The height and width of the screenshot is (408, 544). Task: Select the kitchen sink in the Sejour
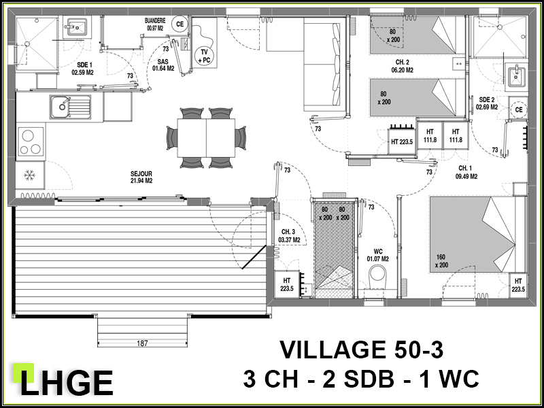pos(70,107)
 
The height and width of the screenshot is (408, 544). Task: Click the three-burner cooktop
pos(31,141)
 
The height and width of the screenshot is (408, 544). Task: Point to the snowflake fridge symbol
pos(29,175)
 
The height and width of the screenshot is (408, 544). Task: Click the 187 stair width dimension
pos(142,343)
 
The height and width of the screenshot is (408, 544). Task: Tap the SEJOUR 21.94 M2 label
pos(141,177)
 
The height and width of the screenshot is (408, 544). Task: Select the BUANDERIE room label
pos(155,24)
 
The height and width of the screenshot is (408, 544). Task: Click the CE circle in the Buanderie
pos(180,24)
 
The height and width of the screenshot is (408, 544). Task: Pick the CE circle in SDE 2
pos(519,109)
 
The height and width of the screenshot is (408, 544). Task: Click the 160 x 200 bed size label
pos(441,261)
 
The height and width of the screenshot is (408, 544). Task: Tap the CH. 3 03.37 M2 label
pos(289,235)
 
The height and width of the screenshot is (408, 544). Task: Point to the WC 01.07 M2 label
pos(378,254)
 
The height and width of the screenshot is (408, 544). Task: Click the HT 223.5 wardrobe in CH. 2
pos(402,141)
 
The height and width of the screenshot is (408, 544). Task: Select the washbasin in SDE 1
pos(77,26)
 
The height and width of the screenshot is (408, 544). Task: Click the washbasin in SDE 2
pos(517,75)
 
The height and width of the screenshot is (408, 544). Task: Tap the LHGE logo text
pos(66,383)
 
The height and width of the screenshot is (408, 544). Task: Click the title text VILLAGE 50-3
pos(362,350)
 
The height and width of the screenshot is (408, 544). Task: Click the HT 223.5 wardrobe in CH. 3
pos(287,284)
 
